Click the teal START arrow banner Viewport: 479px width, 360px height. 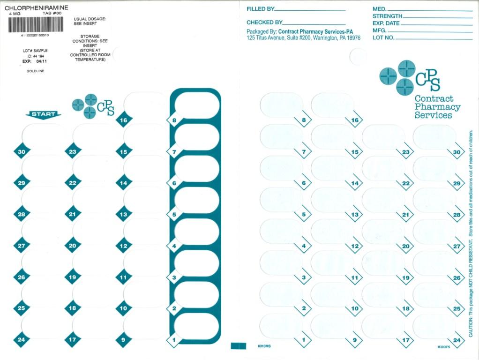click(43, 114)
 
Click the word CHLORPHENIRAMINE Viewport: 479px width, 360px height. click(36, 8)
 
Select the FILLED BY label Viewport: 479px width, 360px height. click(260, 9)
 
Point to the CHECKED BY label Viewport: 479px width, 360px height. click(264, 22)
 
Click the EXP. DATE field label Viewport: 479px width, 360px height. click(386, 23)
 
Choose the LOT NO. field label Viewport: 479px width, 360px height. click(383, 37)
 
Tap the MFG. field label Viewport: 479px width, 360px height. click(379, 30)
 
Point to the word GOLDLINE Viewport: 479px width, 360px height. click(35, 71)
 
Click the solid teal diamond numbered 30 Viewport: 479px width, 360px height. click(21, 151)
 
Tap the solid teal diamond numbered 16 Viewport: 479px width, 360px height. click(123, 120)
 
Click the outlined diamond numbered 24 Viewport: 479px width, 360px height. click(456, 340)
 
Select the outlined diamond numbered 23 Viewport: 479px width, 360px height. click(405, 152)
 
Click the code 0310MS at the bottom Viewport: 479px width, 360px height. click(263, 346)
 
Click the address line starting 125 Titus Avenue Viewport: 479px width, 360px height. click(303, 38)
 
